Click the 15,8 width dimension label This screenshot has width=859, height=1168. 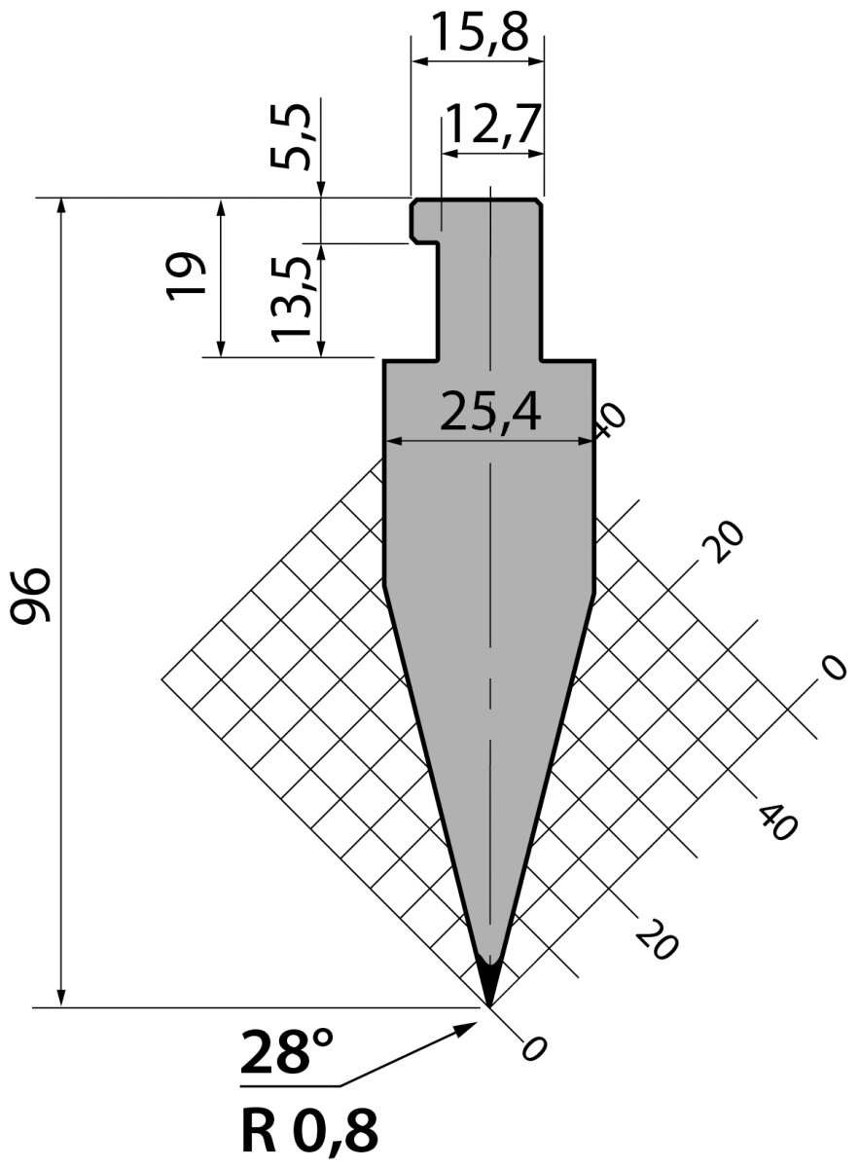coord(480,31)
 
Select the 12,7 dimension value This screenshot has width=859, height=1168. coord(492,125)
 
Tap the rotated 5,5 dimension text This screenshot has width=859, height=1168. coord(291,136)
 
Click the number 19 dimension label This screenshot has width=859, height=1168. coord(187,276)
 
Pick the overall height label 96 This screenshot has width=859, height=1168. coord(31,596)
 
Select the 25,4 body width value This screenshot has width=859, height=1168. coord(490,414)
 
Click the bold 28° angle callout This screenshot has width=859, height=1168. coord(286,1050)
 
